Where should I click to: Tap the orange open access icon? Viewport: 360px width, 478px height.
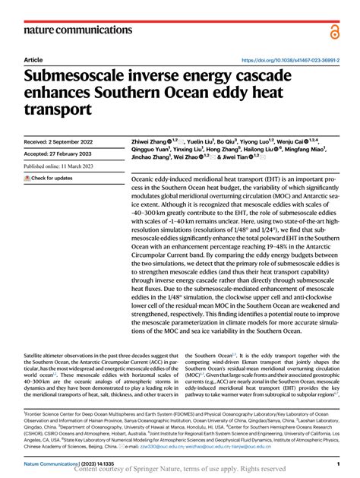click(334, 31)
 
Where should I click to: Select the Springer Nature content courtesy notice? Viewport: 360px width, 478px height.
click(180, 470)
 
